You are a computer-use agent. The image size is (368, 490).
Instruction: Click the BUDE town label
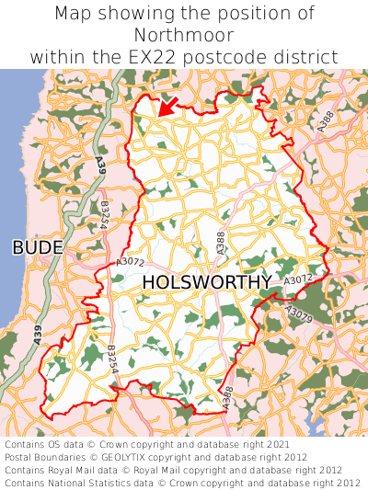click(38, 247)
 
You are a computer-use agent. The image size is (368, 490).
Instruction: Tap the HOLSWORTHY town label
click(207, 282)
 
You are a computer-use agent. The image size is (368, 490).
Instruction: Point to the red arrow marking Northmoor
click(166, 107)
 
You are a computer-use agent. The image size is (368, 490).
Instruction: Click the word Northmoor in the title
click(184, 35)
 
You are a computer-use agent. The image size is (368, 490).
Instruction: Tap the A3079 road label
click(299, 315)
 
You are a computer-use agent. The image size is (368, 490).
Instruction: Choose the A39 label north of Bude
click(99, 167)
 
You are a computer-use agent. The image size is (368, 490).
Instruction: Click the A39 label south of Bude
click(39, 336)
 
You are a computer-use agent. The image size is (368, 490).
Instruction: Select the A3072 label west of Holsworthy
click(130, 263)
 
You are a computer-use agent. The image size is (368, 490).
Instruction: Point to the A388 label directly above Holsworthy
click(220, 243)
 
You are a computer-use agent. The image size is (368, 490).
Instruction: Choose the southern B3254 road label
click(111, 359)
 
